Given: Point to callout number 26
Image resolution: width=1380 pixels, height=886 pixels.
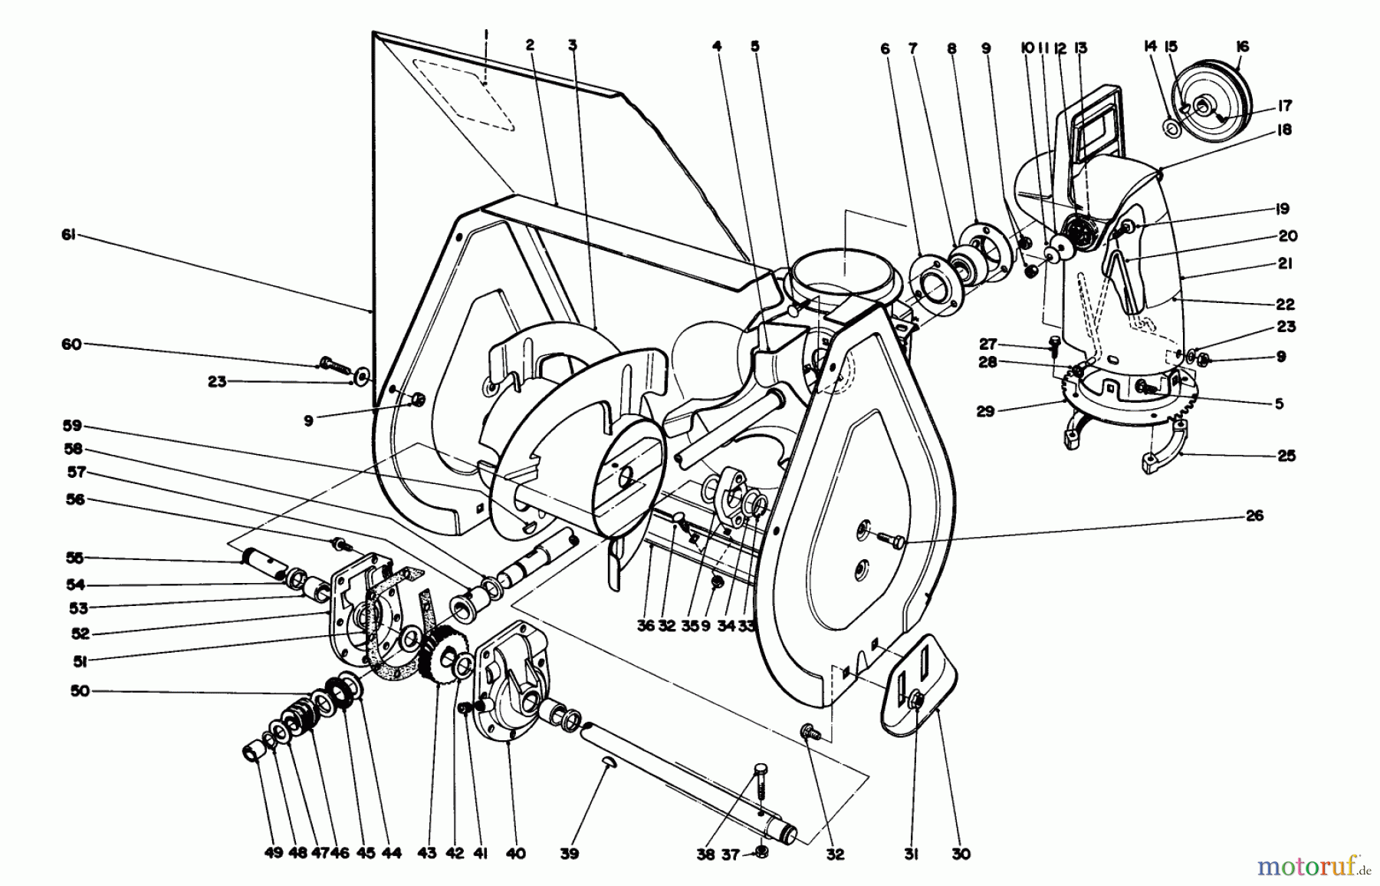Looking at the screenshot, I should click(x=1253, y=516).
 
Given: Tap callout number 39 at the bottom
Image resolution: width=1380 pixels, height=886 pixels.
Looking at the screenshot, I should click(x=569, y=854).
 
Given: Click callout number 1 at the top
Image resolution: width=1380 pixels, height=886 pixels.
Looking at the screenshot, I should click(x=486, y=34).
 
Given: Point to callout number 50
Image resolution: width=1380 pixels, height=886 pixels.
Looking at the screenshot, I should click(x=80, y=690).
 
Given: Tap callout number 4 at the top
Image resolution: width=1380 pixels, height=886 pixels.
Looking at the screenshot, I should click(x=717, y=47).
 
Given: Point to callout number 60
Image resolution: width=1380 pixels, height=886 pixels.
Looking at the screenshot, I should click(x=71, y=344).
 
